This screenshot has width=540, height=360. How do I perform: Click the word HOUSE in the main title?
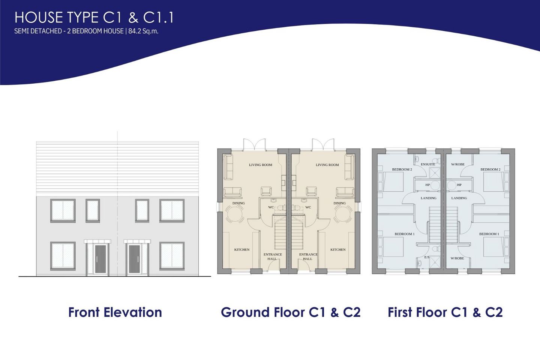click(x=39, y=18)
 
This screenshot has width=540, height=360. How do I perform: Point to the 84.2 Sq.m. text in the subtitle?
click(x=143, y=31)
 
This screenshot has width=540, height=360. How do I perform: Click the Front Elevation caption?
click(x=115, y=312)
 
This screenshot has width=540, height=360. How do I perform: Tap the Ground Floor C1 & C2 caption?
click(x=291, y=312)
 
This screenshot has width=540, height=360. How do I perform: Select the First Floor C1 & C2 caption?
click(x=445, y=312)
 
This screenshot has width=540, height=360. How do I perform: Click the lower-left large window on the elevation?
click(x=63, y=256)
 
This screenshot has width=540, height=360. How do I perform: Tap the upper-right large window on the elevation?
click(x=172, y=210)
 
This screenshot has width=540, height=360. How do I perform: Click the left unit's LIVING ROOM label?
click(x=260, y=165)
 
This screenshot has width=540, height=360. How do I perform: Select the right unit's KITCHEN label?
click(x=338, y=250)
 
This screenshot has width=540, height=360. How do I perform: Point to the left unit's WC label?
click(x=271, y=207)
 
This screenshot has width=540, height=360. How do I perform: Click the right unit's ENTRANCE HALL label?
click(x=308, y=256)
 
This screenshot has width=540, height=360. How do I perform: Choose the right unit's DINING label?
click(x=339, y=203)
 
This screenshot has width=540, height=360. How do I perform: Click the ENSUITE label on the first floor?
click(x=428, y=164)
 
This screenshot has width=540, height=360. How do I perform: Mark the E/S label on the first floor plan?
click(x=427, y=257)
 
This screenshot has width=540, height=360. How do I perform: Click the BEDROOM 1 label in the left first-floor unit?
click(x=405, y=234)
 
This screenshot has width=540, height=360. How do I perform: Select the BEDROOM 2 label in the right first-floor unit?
click(x=490, y=169)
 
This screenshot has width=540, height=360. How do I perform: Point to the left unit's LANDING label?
click(x=428, y=198)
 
